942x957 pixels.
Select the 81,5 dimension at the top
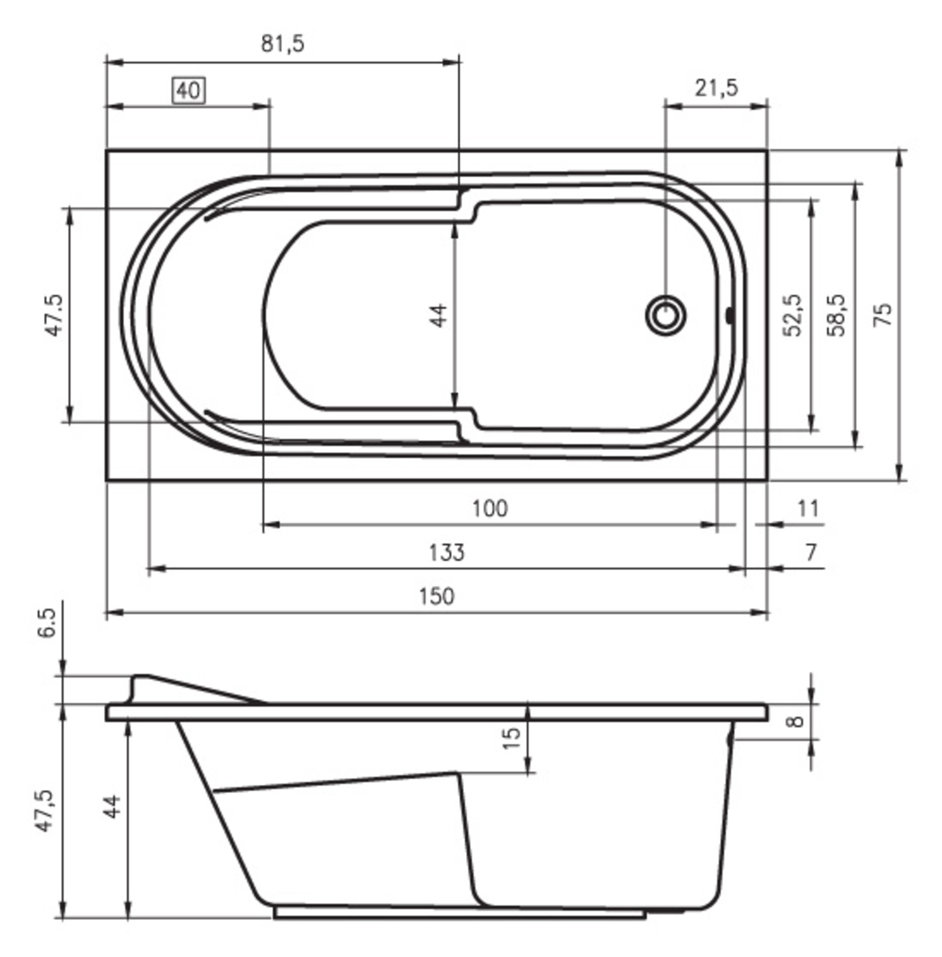283,44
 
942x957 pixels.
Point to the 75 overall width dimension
884,314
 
